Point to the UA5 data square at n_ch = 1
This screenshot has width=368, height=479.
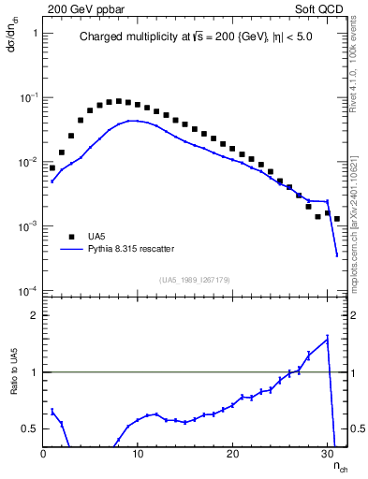click(x=52, y=168)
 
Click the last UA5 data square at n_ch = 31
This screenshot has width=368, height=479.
click(x=337, y=219)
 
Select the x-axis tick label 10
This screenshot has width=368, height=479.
click(x=138, y=455)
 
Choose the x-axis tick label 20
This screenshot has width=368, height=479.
click(x=232, y=455)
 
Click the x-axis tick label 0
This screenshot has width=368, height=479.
click(x=43, y=455)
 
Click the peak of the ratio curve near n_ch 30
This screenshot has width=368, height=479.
click(x=328, y=338)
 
